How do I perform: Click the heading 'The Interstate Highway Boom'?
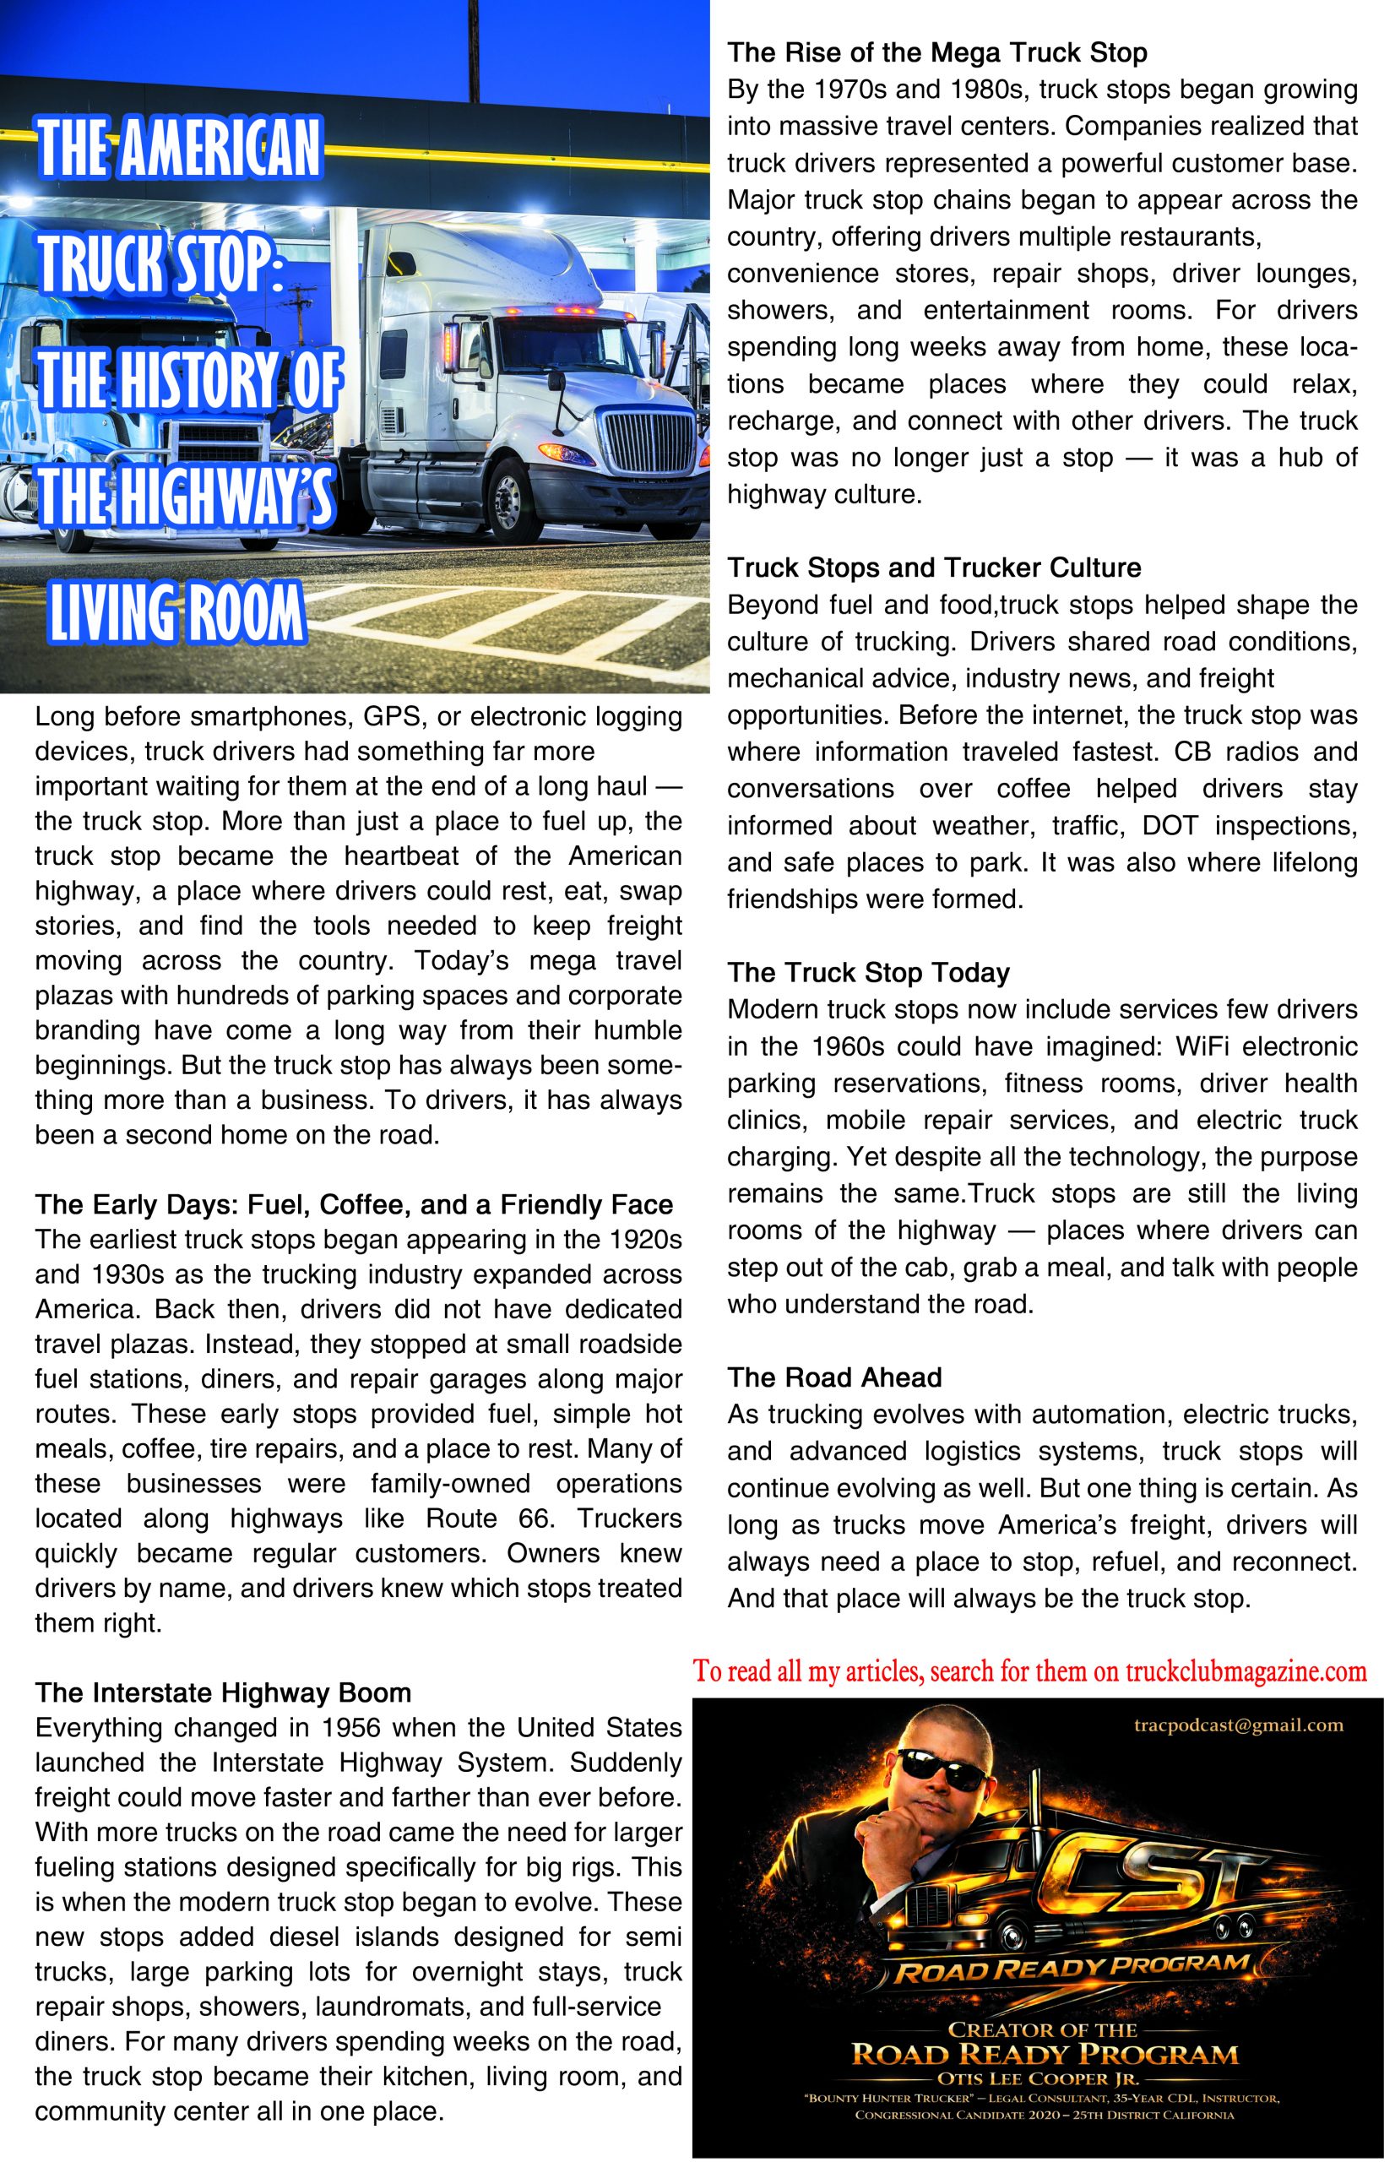click(223, 1692)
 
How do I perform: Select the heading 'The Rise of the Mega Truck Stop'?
click(937, 53)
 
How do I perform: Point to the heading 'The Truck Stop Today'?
click(869, 973)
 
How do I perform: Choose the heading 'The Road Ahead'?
click(835, 1377)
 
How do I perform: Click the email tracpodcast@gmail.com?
click(1238, 1725)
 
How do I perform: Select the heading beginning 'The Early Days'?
click(353, 1205)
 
